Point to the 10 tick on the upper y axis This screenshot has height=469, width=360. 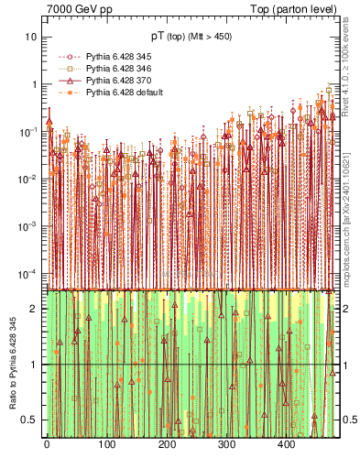click(x=30, y=37)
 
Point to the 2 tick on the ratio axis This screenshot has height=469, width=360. click(x=35, y=309)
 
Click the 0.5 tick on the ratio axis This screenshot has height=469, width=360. click(x=31, y=420)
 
